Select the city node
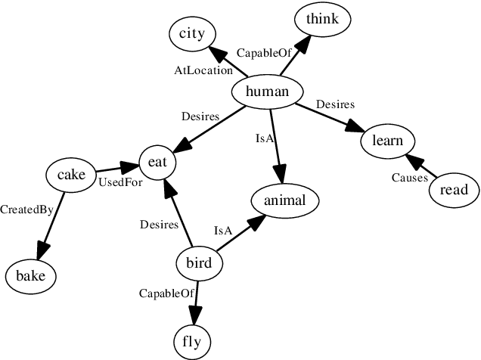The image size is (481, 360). (192, 33)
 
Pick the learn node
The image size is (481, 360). (387, 141)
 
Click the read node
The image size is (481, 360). (454, 190)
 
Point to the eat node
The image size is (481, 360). (158, 162)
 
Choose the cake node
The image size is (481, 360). (72, 175)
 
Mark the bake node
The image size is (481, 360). (31, 276)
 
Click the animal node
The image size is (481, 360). (284, 200)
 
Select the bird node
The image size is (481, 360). (199, 263)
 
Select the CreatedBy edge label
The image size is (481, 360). (26, 209)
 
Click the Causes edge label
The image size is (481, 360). (410, 178)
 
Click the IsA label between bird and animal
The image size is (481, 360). (222, 230)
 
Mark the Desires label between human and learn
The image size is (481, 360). (335, 104)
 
